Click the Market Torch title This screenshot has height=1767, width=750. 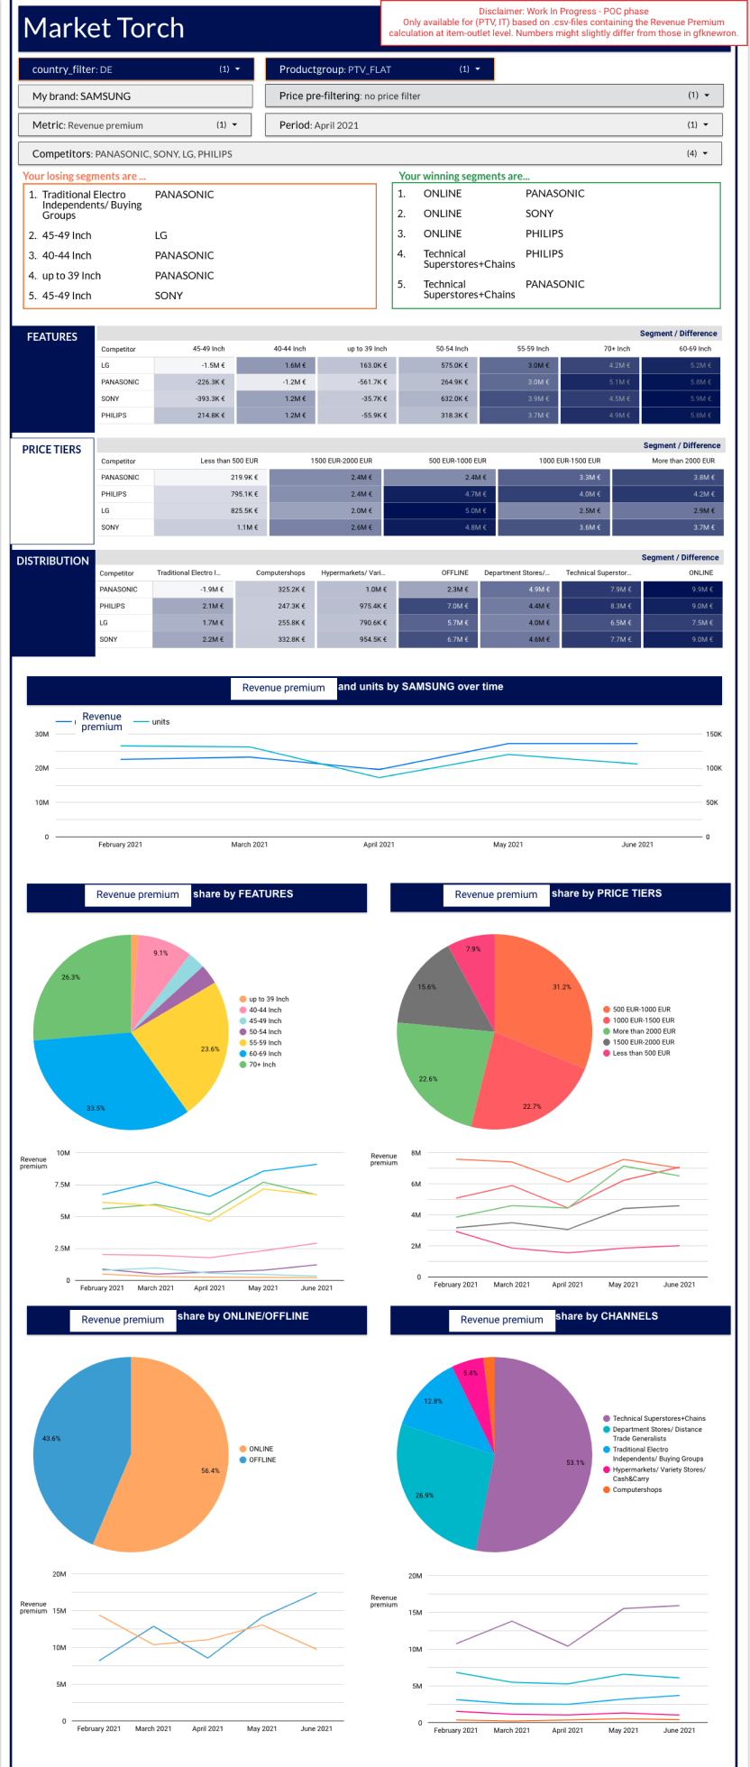[x=104, y=29]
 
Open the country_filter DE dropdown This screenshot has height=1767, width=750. [x=135, y=69]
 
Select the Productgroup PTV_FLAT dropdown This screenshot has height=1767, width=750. [x=380, y=69]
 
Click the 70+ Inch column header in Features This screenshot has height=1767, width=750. [x=617, y=349]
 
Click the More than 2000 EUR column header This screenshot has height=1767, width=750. [x=683, y=461]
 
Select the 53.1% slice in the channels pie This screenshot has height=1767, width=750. [x=550, y=1460]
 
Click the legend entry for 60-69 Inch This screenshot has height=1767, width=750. [x=265, y=1054]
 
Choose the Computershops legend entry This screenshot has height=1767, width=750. [x=637, y=1490]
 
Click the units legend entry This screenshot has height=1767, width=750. [x=160, y=722]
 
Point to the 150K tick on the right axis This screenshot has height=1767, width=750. [x=713, y=735]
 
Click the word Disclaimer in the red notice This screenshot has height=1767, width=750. [x=501, y=12]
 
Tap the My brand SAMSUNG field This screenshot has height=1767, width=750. [x=135, y=96]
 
